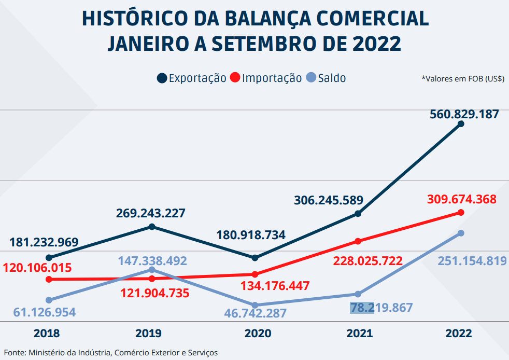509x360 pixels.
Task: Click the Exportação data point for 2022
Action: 461,124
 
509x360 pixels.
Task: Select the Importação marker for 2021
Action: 358,241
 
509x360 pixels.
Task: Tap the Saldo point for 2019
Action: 152,270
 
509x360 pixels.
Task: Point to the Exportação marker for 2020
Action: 254,258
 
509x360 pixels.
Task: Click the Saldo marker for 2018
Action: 49,300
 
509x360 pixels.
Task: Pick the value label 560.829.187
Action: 464,114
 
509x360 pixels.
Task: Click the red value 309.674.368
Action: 462,199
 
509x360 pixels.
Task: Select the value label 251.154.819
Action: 472,261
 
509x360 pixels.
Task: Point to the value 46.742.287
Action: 255,313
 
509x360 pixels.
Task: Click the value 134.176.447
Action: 275,286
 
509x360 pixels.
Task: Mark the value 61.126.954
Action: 45,312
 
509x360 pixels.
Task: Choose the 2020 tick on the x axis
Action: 254,334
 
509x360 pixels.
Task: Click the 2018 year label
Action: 47,334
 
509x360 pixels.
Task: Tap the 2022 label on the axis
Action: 459,334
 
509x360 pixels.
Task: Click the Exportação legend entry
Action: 192,78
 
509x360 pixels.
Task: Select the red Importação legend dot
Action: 235,78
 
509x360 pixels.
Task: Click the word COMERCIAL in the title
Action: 372,19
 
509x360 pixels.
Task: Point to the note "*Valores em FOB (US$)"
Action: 463,79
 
